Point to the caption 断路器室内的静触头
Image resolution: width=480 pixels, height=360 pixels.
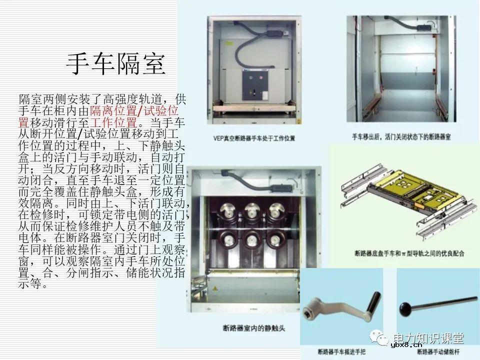(x=253, y=328)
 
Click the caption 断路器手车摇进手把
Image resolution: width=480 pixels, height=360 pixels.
(x=341, y=350)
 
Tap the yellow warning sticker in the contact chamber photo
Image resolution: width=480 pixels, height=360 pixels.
(x=215, y=289)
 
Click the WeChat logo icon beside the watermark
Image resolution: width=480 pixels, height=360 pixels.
(x=383, y=339)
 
